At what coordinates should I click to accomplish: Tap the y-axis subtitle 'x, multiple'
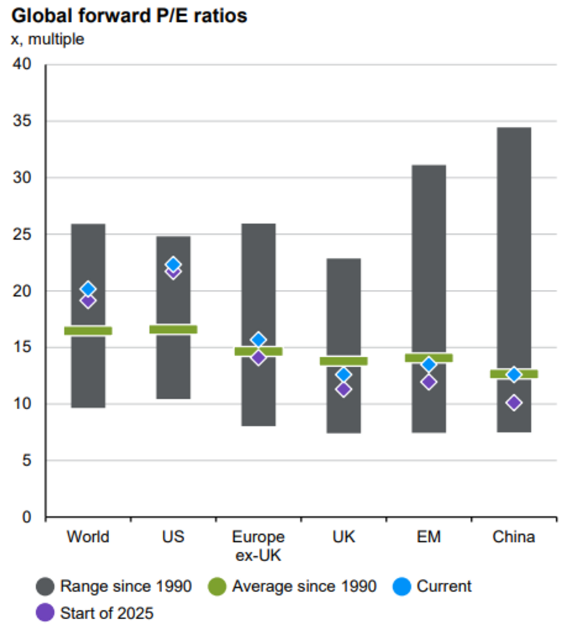[47, 39]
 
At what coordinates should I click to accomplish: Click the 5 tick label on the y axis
[26, 461]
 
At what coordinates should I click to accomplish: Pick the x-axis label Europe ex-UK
[258, 546]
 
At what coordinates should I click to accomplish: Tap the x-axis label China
[513, 538]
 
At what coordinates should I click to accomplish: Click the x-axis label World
[88, 538]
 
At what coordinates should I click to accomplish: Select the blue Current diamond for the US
[173, 264]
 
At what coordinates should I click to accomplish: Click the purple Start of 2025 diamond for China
[514, 403]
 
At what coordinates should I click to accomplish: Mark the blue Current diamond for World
[88, 289]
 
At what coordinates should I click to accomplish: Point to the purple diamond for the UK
[343, 389]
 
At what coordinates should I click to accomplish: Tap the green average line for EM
[428, 358]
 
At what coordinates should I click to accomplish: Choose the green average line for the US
[173, 329]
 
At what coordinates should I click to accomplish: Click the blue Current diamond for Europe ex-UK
[258, 339]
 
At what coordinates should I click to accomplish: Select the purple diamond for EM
[428, 381]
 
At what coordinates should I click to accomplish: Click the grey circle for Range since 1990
[44, 586]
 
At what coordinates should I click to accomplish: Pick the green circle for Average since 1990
[216, 586]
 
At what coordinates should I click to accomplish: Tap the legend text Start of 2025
[107, 613]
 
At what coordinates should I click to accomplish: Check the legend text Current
[445, 586]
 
